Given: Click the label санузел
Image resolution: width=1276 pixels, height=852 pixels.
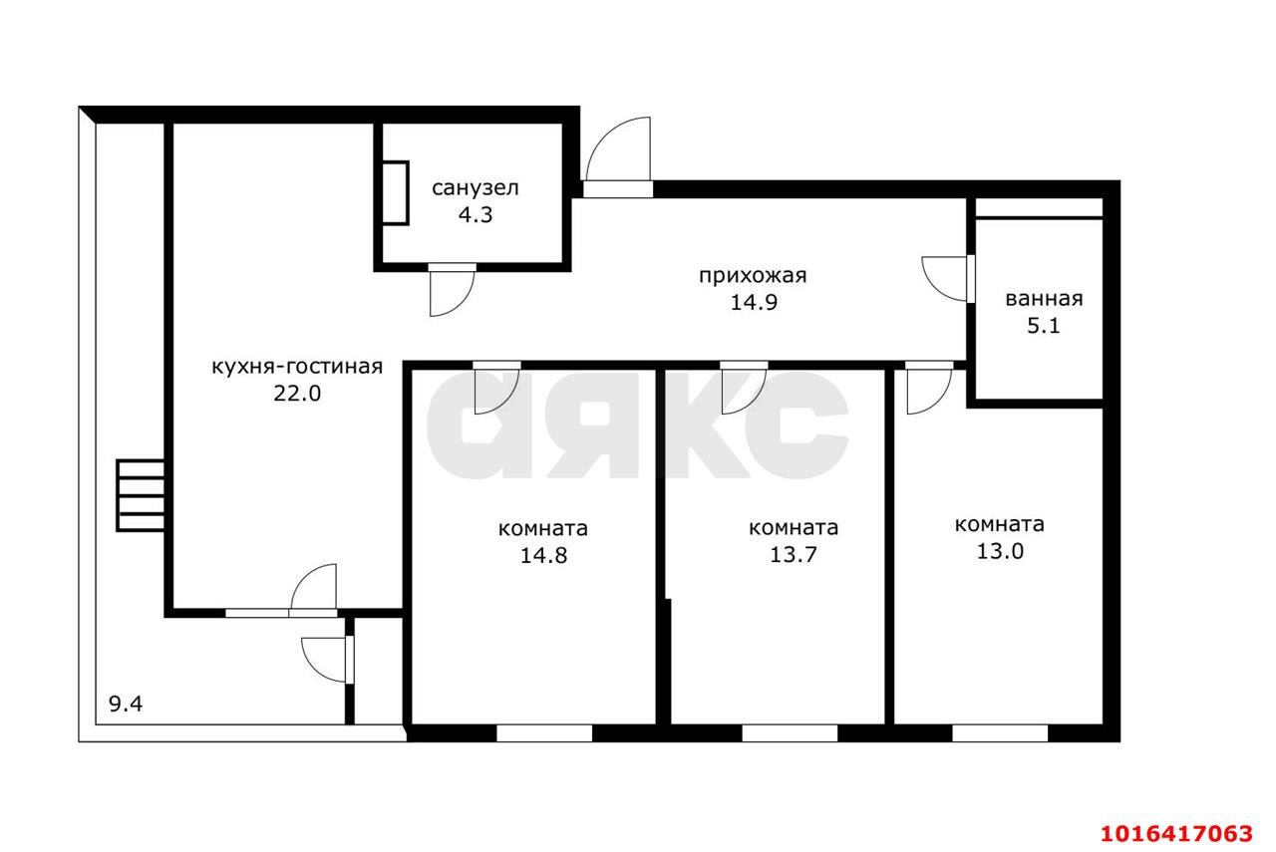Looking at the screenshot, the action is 476,188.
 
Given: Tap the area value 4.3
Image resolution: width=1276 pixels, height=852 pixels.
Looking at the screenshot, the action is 476,214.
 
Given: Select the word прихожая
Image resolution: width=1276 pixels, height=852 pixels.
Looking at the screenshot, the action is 753,276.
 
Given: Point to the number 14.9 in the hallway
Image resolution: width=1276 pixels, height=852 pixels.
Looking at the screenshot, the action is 754,302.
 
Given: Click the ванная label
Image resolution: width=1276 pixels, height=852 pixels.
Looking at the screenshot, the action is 1044,299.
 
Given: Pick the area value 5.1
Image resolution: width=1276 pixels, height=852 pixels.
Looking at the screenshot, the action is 1043,326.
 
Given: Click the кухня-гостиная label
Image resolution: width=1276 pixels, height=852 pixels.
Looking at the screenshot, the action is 297,367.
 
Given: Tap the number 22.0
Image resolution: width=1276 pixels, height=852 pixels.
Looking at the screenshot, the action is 297,394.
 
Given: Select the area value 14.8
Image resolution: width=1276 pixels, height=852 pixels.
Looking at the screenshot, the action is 543,555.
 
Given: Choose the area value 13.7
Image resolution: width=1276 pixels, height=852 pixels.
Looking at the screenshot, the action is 793,554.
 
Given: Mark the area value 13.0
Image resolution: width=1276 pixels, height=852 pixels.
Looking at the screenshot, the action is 1000,551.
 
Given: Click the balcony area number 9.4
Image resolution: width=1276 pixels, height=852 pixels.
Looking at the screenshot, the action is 126,705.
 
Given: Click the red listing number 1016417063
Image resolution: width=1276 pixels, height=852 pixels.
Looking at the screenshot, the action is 1176,834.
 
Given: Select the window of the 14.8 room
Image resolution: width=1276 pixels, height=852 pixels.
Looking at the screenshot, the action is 544,733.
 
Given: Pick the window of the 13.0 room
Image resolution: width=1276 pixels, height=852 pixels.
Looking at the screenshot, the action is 1000,733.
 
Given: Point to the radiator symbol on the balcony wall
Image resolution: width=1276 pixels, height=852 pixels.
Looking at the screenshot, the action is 141,495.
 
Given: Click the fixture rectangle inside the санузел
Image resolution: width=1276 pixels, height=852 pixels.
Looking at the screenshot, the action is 396,193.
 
